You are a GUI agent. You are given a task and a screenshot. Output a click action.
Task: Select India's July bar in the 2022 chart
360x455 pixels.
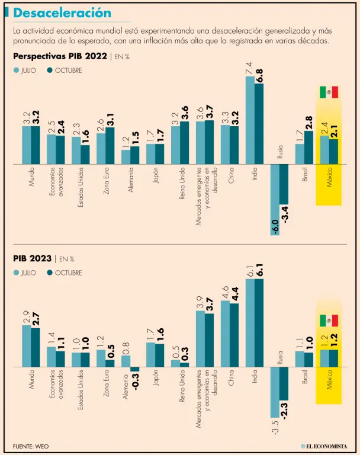point(250,120)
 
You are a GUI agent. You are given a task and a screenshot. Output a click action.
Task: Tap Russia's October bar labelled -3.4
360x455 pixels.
point(284,184)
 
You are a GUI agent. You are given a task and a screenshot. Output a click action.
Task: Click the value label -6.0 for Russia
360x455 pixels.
point(275,226)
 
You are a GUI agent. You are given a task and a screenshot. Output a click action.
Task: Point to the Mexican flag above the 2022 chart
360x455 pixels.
point(329,92)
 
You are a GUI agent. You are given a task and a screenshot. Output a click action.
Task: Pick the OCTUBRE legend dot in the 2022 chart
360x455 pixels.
point(50,71)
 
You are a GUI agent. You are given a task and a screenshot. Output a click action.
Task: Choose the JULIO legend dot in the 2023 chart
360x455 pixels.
point(16,273)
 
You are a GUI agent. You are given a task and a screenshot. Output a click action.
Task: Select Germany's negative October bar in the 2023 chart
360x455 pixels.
point(135,370)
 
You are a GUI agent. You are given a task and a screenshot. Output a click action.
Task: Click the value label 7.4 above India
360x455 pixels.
point(249,68)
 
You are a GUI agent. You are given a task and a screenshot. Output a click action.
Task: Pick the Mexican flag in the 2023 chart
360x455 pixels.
point(329,321)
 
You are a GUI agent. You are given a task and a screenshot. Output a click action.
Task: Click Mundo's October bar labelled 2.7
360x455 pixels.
point(36,348)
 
